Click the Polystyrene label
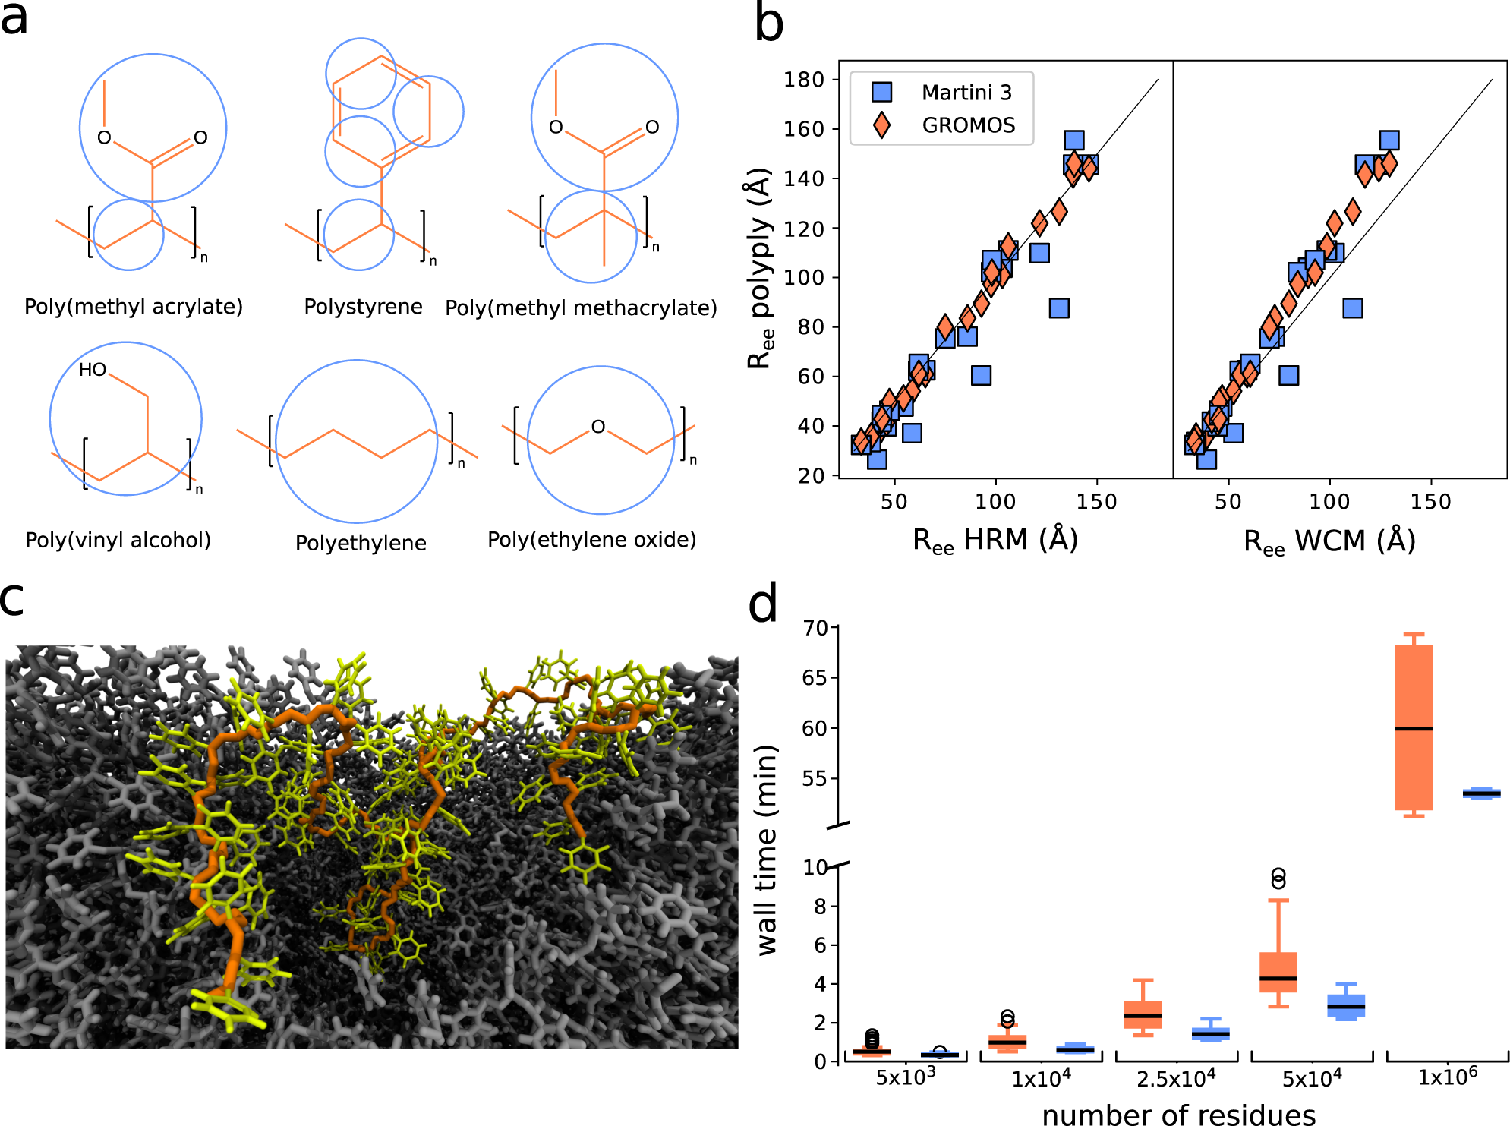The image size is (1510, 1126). coord(363,307)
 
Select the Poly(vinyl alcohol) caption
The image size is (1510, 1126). coord(118,540)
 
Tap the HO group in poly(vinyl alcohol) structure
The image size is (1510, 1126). coord(93,370)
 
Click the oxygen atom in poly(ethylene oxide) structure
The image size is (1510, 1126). coord(598,427)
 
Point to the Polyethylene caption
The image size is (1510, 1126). coord(361,543)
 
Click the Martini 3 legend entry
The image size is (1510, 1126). coord(966,93)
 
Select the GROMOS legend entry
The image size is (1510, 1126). coord(968,125)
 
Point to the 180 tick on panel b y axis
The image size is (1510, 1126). coord(804,79)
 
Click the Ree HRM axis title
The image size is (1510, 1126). coord(995,540)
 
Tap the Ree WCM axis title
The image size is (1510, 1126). coord(1329,541)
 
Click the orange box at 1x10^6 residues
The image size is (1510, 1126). coord(1414,727)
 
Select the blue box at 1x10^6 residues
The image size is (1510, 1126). coord(1481,793)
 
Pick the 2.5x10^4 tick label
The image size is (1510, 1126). coord(1176,1078)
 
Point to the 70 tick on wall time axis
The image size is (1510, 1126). coord(815,628)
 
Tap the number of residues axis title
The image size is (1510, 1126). coord(1178,1114)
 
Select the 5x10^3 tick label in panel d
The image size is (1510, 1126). coord(905,1077)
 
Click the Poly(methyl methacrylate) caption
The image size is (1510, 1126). coord(581,308)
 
